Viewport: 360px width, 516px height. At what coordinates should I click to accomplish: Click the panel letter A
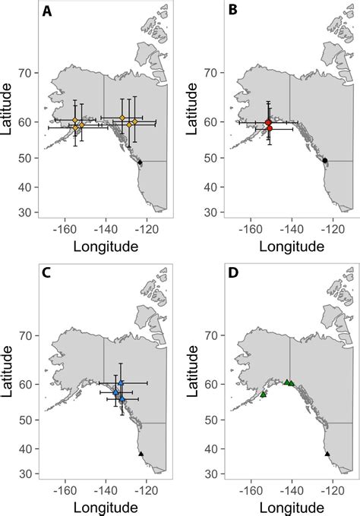48,12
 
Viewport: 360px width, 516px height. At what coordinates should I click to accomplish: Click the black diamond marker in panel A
140,162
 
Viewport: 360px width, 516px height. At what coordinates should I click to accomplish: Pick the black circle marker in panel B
325,161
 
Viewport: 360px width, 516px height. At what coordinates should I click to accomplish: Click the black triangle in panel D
327,454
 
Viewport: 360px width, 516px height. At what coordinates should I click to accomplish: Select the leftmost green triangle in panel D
263,395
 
